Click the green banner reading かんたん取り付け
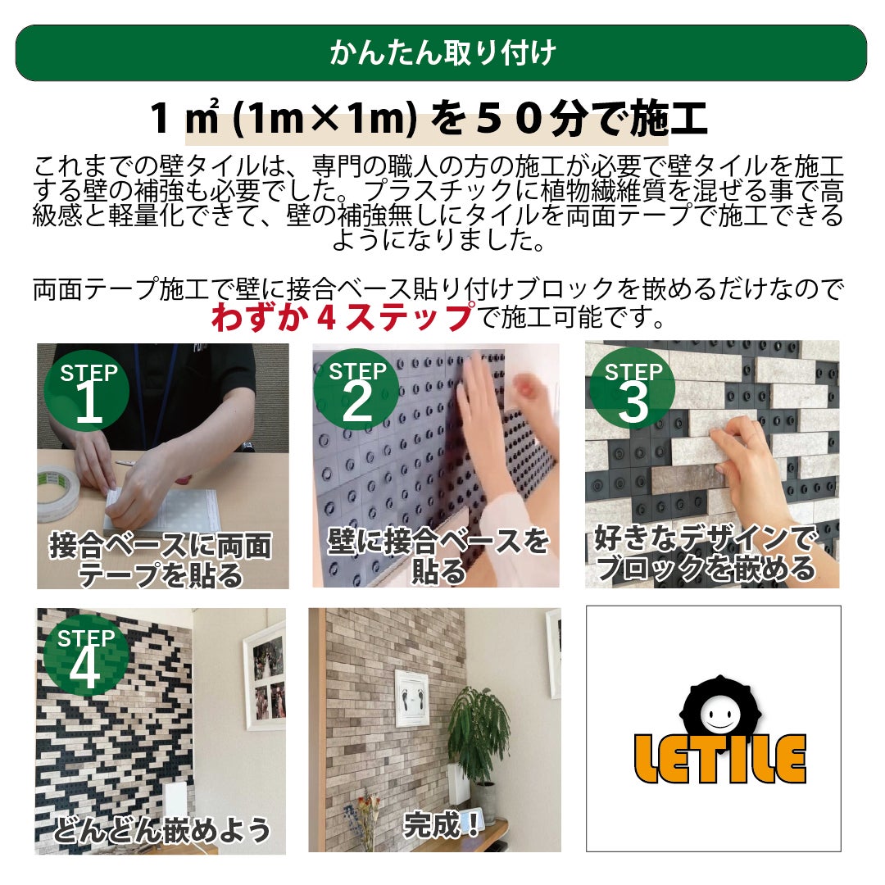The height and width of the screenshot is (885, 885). [x=442, y=53]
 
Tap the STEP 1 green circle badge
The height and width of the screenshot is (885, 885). [x=88, y=391]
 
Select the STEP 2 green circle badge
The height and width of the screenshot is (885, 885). [x=356, y=389]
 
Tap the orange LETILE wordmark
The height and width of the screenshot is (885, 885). [x=719, y=759]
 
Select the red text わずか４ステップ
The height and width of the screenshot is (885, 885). [x=343, y=316]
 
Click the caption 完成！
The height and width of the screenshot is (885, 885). [x=442, y=826]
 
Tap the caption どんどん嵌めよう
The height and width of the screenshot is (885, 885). [x=162, y=829]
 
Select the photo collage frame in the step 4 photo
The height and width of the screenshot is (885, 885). [x=265, y=674]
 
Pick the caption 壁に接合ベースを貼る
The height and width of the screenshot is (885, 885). [x=438, y=556]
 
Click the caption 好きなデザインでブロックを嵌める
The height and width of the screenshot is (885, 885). [x=706, y=553]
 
